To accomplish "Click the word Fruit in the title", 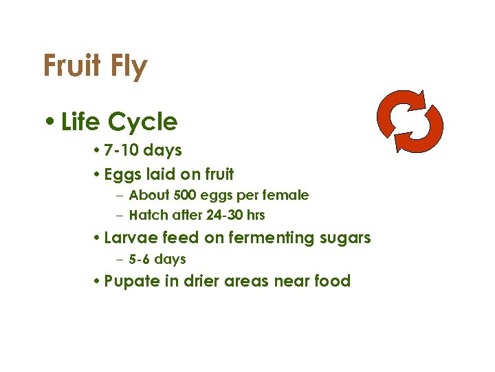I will (x=71, y=67).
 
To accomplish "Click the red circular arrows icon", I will (x=410, y=121).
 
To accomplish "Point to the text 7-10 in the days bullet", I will (x=122, y=150).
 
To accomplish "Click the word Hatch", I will (x=148, y=216).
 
